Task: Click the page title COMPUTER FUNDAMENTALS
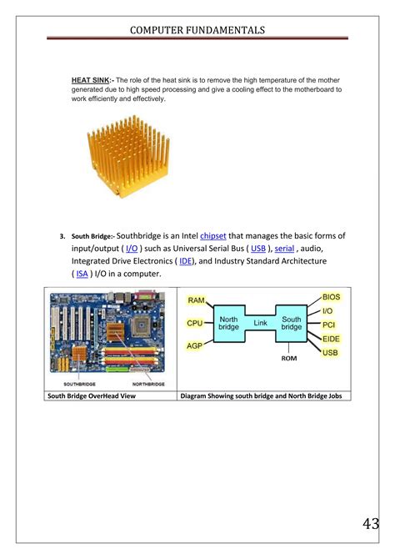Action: [x=197, y=30]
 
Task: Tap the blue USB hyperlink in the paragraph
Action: [x=259, y=249]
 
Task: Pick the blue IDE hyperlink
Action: [x=186, y=261]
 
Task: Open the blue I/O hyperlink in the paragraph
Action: [x=132, y=249]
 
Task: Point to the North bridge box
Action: [x=228, y=322]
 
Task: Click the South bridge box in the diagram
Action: [x=292, y=322]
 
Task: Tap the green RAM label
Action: [x=197, y=300]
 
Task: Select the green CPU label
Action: [x=195, y=322]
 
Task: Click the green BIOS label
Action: [x=331, y=296]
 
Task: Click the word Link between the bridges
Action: [x=260, y=322]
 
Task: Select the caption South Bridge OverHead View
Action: [x=91, y=395]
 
